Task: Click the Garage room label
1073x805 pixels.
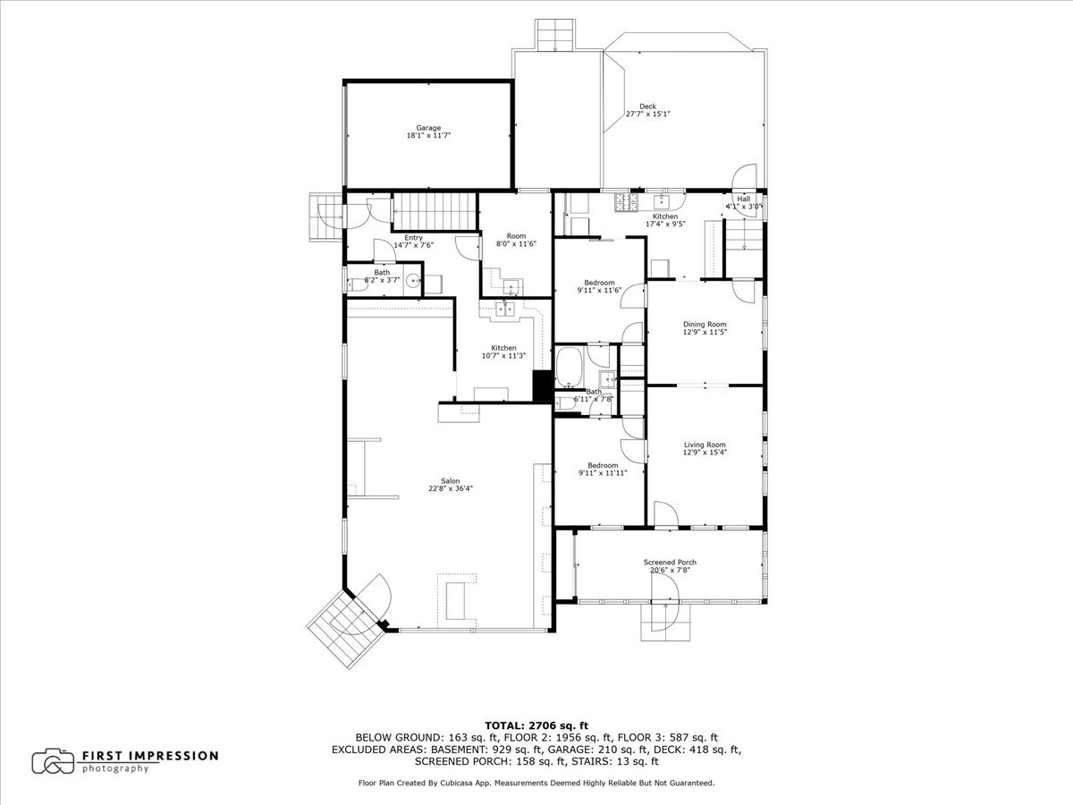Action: (428, 131)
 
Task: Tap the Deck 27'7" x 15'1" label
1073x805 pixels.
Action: (647, 110)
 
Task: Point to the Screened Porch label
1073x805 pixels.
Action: (670, 566)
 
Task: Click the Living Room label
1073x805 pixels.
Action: (705, 448)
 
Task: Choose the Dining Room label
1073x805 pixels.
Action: (705, 328)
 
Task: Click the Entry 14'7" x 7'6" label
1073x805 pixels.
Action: (413, 241)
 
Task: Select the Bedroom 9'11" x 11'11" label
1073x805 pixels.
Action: (602, 469)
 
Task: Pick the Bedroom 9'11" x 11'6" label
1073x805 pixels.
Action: (599, 286)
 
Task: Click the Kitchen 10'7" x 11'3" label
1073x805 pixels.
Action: (503, 352)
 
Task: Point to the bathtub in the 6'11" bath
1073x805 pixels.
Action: (569, 367)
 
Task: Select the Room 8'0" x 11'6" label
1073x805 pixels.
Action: (515, 240)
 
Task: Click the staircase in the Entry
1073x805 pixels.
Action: (434, 211)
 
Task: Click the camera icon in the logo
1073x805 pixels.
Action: (53, 761)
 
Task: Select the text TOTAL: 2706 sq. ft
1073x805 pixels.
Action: (536, 724)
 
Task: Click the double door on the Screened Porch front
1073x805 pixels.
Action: (666, 590)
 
